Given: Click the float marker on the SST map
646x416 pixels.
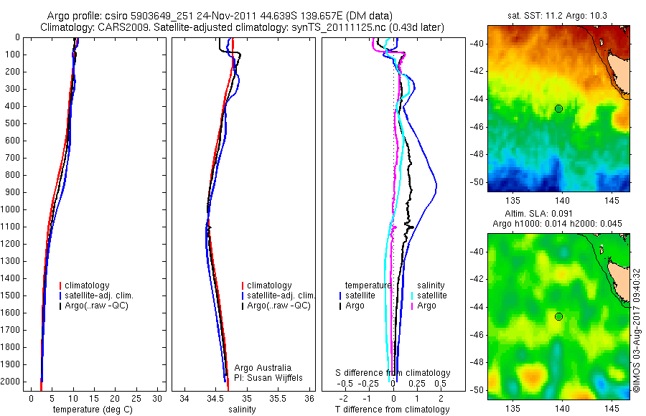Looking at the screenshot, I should coord(558,108).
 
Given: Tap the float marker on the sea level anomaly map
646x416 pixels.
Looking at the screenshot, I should coord(558,316).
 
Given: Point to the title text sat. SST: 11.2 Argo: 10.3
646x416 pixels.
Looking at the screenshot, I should coord(558,16).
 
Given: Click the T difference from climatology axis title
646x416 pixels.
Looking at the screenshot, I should coord(392,410).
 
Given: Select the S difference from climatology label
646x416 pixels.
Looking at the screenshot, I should coord(393,373).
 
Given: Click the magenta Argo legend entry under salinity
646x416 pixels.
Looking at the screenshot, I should coord(426,306).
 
